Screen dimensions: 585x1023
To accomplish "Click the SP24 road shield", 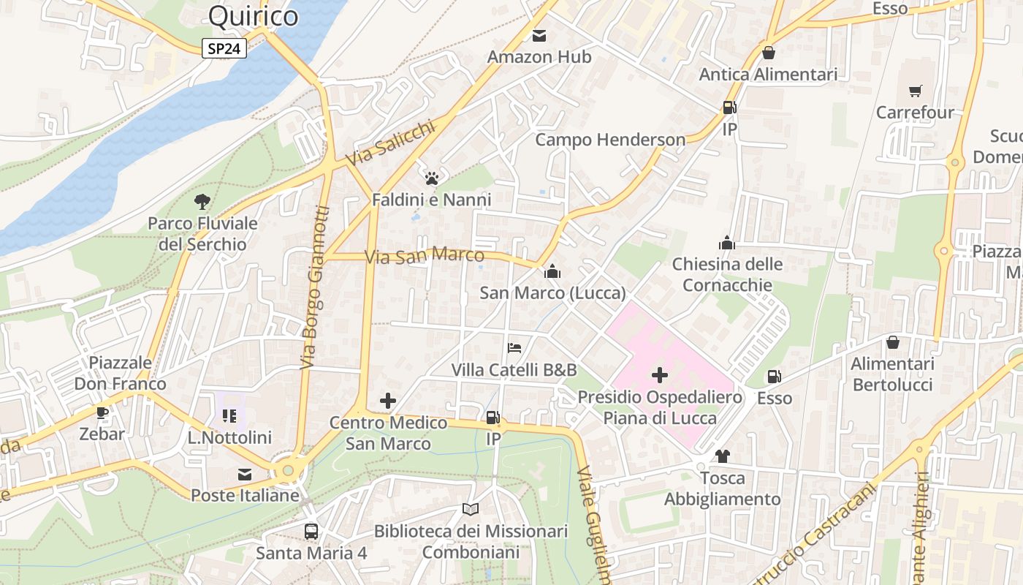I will pyautogui.click(x=224, y=48).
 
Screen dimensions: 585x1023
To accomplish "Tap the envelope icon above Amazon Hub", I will pyautogui.click(x=539, y=35).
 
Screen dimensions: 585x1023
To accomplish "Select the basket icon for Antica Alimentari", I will pyautogui.click(x=768, y=53).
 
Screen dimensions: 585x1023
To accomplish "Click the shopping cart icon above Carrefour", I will pyautogui.click(x=915, y=91).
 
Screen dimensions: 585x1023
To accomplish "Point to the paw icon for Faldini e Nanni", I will pyautogui.click(x=431, y=178).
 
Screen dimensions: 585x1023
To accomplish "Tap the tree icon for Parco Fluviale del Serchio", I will pyautogui.click(x=202, y=201).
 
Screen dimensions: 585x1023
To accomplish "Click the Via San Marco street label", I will pyautogui.click(x=425, y=256).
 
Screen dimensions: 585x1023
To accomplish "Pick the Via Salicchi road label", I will pyautogui.click(x=390, y=143).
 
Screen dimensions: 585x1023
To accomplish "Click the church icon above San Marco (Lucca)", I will pyautogui.click(x=552, y=271).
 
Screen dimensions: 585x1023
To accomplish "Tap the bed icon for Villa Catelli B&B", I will pyautogui.click(x=514, y=348).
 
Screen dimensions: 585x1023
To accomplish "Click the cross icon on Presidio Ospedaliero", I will pyautogui.click(x=659, y=375).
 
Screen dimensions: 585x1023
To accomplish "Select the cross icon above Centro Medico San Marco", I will pyautogui.click(x=388, y=401).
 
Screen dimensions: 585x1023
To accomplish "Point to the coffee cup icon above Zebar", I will pyautogui.click(x=102, y=412).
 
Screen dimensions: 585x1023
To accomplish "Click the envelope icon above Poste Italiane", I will pyautogui.click(x=245, y=475).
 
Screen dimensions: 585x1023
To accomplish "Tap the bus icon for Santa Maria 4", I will pyautogui.click(x=311, y=531).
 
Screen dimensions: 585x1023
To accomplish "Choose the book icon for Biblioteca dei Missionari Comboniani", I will pyautogui.click(x=471, y=509).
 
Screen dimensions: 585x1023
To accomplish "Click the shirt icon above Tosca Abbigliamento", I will pyautogui.click(x=722, y=456).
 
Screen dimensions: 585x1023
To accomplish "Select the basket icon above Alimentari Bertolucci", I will pyautogui.click(x=893, y=342).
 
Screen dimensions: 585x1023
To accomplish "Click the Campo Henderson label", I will pyautogui.click(x=610, y=140).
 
